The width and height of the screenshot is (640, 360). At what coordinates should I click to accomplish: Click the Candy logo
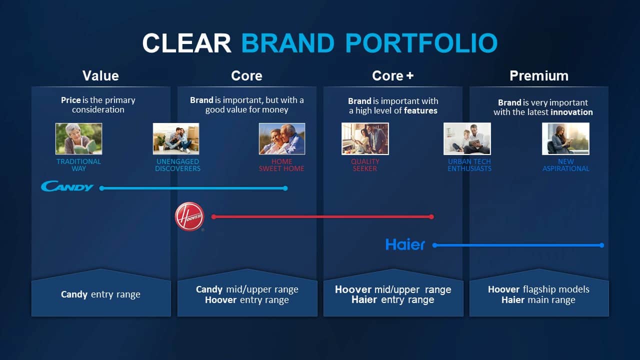point(67,186)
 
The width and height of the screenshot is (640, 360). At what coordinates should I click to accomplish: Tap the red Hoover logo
point(189,216)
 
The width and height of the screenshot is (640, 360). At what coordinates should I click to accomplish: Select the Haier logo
point(405,244)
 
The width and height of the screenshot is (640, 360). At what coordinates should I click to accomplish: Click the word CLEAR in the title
point(186,43)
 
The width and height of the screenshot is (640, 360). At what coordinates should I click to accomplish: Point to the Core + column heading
point(393,75)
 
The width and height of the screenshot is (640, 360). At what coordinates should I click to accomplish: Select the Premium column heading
point(539,75)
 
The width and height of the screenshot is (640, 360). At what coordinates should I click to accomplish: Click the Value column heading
point(100,75)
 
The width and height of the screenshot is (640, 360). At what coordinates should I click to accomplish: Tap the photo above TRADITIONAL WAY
point(79,139)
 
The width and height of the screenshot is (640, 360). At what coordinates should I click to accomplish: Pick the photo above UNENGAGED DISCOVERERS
point(176,139)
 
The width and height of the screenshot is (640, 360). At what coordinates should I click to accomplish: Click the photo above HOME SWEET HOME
point(282,139)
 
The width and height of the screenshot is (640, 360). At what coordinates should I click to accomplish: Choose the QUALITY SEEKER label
point(365,165)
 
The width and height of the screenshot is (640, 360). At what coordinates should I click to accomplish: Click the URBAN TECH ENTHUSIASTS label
point(469,165)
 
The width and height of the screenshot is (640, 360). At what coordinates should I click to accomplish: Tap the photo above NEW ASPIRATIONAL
point(565,139)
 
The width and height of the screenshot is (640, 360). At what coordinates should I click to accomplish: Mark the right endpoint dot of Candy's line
point(285,188)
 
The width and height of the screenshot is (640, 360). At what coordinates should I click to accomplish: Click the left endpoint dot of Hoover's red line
point(213,217)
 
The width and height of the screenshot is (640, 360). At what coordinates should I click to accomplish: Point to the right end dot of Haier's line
point(601,245)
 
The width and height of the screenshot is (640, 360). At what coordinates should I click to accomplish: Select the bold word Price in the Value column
point(71,100)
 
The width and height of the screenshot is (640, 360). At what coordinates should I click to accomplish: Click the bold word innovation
point(571,112)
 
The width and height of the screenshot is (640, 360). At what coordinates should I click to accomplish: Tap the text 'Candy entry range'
point(100,294)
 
